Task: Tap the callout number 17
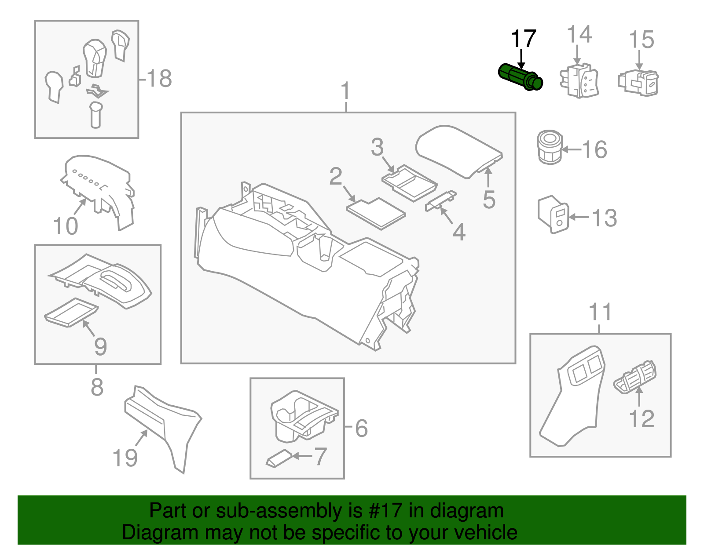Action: tap(523, 39)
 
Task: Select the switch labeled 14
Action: tap(579, 80)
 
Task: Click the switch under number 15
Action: tap(639, 82)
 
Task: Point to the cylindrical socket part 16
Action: tap(550, 147)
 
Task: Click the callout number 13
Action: tap(604, 218)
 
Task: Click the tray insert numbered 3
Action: tap(409, 182)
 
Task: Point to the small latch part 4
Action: tap(440, 200)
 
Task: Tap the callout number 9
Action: tap(100, 346)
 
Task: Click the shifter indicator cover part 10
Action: tap(99, 189)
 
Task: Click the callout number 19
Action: tap(125, 458)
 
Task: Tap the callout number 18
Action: tap(159, 79)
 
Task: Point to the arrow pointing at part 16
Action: tap(572, 150)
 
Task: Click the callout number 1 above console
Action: tap(346, 91)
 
